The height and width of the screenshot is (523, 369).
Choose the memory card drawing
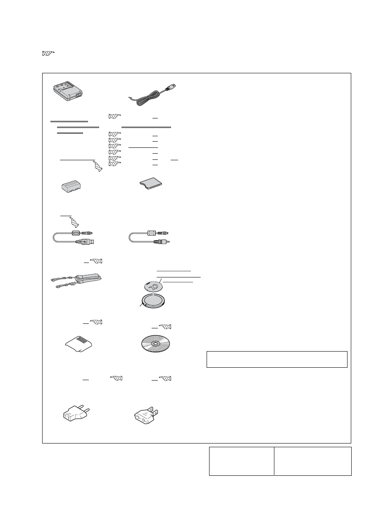[x=151, y=183]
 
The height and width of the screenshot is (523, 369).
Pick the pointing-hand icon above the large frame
[x=48, y=53]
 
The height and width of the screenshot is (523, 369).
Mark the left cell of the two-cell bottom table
[x=242, y=460]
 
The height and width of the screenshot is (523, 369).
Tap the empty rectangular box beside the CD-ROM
[x=277, y=359]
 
